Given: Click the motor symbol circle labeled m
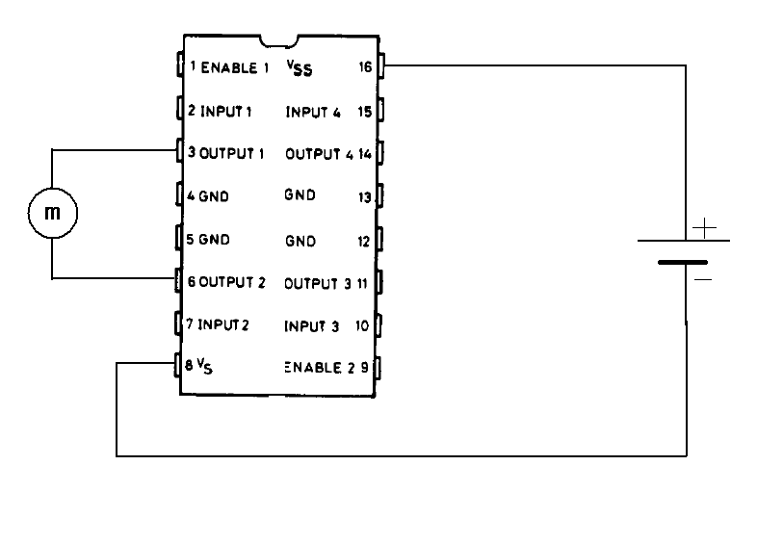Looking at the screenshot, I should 53,213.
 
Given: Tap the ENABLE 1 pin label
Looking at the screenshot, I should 235,67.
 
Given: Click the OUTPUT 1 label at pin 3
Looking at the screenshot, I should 231,153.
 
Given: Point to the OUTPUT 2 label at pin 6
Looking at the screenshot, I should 231,282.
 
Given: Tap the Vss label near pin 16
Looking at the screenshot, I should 300,68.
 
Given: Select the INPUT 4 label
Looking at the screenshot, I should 313,112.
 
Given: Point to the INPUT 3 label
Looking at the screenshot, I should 311,325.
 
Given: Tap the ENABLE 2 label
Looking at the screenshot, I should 321,367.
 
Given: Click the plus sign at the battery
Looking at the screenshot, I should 705,229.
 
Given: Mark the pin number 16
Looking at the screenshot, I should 365,67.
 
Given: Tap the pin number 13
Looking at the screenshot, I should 365,196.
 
